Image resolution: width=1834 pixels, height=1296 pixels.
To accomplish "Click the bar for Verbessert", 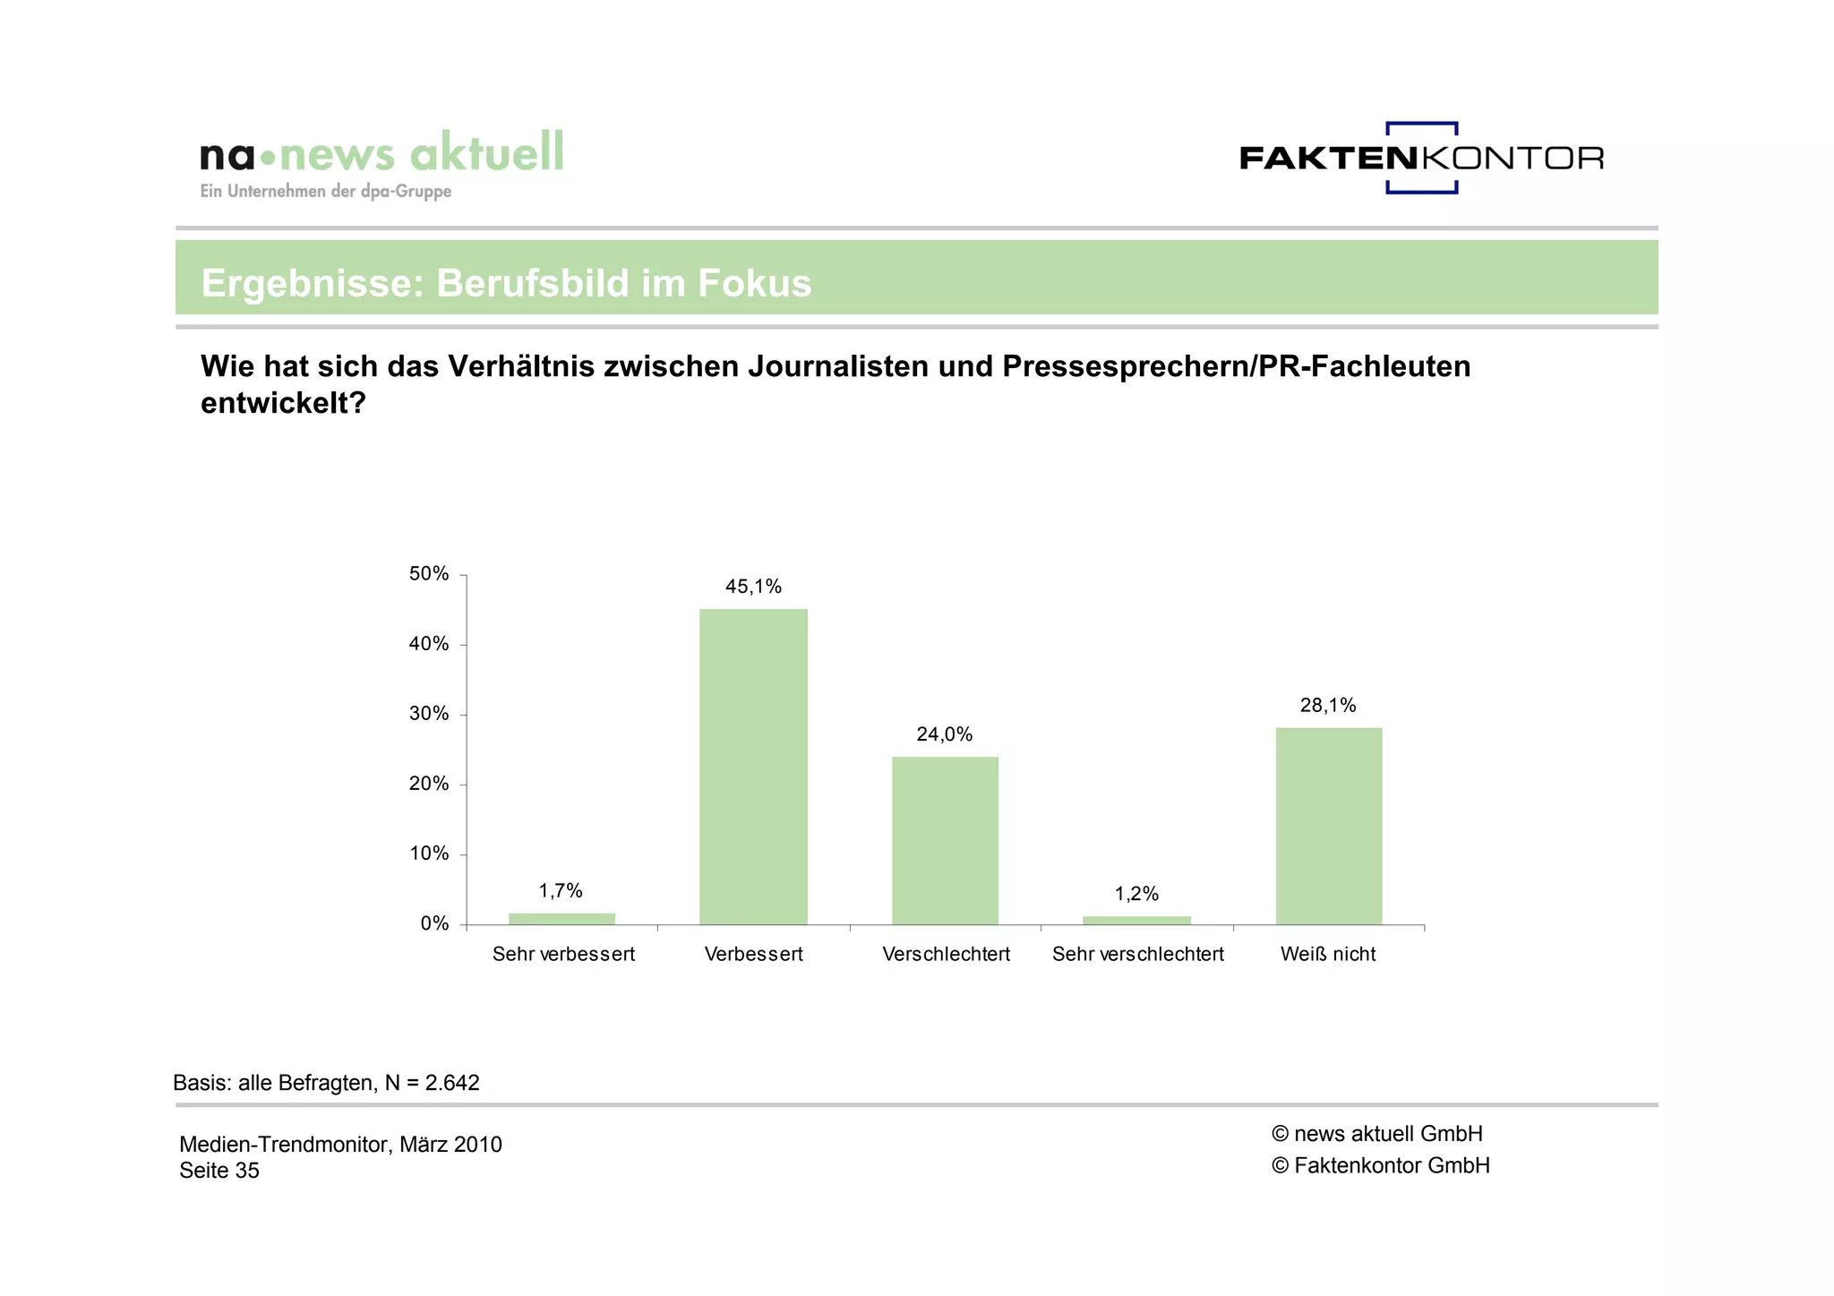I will [753, 767].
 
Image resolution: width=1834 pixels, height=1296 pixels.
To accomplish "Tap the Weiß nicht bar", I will [1328, 826].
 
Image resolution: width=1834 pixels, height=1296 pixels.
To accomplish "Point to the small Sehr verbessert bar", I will [561, 919].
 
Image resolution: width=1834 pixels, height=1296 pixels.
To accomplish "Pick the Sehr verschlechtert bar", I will [1136, 921].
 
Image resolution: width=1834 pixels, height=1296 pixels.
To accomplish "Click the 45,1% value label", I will [753, 587].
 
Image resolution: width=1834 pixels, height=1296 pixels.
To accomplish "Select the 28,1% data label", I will [1328, 706].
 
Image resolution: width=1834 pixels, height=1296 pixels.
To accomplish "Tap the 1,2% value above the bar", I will [1136, 894].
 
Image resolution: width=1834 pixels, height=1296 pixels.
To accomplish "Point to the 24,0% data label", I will [944, 734].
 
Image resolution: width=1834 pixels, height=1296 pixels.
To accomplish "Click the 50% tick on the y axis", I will [429, 574].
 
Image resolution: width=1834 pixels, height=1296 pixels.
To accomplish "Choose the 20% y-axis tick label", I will [429, 784].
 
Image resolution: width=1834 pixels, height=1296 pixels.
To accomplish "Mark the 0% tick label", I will [434, 923].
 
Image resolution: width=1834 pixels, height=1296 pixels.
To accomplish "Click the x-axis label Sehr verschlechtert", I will [1137, 954].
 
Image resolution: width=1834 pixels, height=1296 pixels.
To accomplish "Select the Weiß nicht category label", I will [1328, 954].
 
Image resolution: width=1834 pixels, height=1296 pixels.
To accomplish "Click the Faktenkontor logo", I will [1421, 158].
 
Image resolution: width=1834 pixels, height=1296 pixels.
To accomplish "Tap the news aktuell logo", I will [382, 161].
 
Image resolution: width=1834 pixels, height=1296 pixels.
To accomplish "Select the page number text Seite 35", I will [219, 1171].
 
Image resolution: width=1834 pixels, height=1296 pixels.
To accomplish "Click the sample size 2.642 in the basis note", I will [452, 1083].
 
